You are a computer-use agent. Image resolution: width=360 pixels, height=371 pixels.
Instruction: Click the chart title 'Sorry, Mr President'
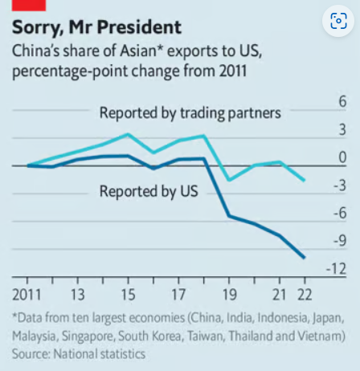[96, 28]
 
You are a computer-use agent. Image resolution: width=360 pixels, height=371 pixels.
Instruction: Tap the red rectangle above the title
[29, 6]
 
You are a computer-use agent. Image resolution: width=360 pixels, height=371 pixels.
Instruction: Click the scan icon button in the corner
[338, 21]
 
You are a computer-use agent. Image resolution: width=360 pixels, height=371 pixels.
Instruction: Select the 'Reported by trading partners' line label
[190, 113]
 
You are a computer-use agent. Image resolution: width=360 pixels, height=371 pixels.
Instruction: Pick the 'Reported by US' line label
[149, 191]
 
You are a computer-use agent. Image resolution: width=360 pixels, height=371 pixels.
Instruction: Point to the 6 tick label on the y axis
[342, 102]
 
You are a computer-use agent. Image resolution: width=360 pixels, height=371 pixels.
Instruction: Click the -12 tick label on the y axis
[336, 269]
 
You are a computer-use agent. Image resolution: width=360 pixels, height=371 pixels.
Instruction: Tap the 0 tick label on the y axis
[342, 157]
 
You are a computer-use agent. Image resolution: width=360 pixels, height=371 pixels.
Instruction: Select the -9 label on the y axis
[340, 241]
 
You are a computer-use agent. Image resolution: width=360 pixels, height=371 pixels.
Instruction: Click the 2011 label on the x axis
[27, 295]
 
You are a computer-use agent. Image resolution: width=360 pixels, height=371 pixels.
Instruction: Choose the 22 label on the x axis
[305, 295]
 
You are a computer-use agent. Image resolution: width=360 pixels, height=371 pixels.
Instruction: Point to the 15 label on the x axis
[128, 295]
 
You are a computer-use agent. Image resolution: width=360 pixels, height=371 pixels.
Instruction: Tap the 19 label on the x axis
[230, 295]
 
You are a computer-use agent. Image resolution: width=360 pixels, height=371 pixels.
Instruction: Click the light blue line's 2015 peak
[128, 134]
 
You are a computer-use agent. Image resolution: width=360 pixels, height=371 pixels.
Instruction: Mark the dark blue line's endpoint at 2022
[304, 258]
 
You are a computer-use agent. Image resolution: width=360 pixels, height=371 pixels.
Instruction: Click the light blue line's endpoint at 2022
[304, 181]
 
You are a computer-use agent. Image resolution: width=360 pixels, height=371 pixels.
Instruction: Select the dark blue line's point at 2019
[229, 216]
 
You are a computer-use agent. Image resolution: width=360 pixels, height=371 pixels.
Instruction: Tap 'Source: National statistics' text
[79, 354]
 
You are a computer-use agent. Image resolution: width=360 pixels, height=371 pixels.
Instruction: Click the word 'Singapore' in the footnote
[88, 336]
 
